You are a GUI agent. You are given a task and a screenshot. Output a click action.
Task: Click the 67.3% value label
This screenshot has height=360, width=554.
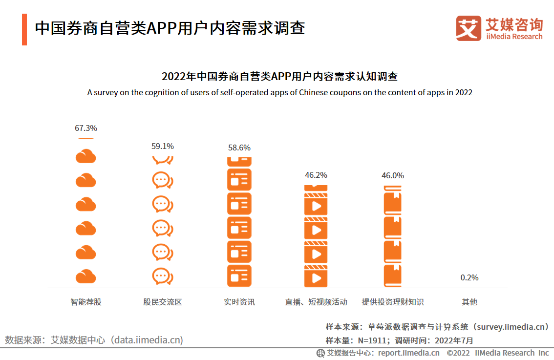pyautogui.click(x=86, y=128)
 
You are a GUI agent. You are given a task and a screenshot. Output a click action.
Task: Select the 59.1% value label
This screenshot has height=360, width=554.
pyautogui.click(x=163, y=146)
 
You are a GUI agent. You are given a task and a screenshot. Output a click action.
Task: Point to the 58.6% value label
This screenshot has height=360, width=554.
pyautogui.click(x=239, y=148)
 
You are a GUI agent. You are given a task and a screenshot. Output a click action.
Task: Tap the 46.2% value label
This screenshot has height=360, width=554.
pyautogui.click(x=316, y=175)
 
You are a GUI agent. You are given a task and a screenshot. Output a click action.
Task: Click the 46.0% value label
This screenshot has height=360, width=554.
pyautogui.click(x=393, y=175)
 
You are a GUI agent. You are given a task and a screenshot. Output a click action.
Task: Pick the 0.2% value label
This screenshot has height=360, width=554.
pyautogui.click(x=469, y=277)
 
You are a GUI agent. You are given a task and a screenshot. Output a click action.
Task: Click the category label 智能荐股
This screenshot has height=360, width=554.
pyautogui.click(x=86, y=302)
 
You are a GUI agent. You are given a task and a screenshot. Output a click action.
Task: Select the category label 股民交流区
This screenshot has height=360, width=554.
pyautogui.click(x=163, y=302)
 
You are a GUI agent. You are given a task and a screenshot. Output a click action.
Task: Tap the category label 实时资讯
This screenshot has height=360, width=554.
pyautogui.click(x=239, y=302)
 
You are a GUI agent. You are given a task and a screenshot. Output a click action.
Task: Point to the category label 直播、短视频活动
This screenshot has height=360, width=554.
pyautogui.click(x=316, y=302)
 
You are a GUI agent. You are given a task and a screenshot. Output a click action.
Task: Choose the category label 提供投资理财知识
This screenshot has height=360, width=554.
pyautogui.click(x=393, y=302)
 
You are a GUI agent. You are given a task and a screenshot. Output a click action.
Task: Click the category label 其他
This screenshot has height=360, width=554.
pyautogui.click(x=469, y=302)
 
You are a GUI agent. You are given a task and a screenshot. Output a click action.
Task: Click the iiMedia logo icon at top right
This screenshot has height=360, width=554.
pyautogui.click(x=469, y=28)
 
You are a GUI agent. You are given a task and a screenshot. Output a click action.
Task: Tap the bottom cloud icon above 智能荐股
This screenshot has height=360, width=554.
pyautogui.click(x=86, y=276)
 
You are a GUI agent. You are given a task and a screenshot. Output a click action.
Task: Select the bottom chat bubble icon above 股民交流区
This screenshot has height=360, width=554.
pyautogui.click(x=163, y=276)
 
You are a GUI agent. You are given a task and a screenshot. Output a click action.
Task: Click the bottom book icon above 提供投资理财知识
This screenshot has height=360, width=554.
pyautogui.click(x=393, y=275)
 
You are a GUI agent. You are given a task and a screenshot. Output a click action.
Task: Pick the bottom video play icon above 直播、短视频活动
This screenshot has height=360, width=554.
pyautogui.click(x=316, y=276)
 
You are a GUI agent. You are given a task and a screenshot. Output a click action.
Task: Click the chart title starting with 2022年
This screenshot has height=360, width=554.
pyautogui.click(x=279, y=77)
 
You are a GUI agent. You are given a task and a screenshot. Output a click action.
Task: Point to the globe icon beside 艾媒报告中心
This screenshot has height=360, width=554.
pyautogui.click(x=320, y=353)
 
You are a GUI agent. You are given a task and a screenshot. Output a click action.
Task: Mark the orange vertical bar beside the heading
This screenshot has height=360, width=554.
pyautogui.click(x=24, y=29)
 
